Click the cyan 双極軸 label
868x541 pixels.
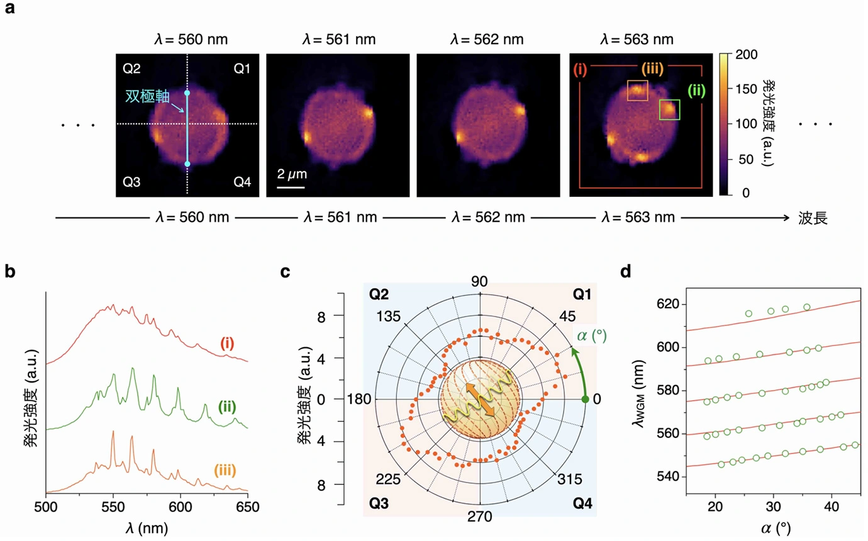pyautogui.click(x=147, y=96)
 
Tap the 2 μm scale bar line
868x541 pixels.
pyautogui.click(x=291, y=187)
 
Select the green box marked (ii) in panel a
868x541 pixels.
pyautogui.click(x=670, y=109)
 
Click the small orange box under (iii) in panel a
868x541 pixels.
pyautogui.click(x=638, y=91)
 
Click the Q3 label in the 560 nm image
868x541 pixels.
pyautogui.click(x=131, y=182)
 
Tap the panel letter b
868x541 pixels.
pyautogui.click(x=9, y=271)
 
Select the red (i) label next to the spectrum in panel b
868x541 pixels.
pyautogui.click(x=227, y=343)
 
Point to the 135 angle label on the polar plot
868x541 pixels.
pyautogui.click(x=388, y=316)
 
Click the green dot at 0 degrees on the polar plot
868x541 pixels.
pyautogui.click(x=585, y=399)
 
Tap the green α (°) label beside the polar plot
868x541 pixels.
pyautogui.click(x=592, y=335)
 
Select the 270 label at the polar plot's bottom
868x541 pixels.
pyautogui.click(x=480, y=516)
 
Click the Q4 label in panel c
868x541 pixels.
pyautogui.click(x=582, y=503)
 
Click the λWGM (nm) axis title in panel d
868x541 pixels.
pyautogui.click(x=638, y=393)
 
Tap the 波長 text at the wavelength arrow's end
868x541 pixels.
pyautogui.click(x=813, y=218)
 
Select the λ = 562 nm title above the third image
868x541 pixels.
pyautogui.click(x=487, y=40)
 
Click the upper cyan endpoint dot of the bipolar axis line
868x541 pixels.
pyautogui.click(x=187, y=93)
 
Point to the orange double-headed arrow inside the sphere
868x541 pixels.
pyautogui.click(x=480, y=399)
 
